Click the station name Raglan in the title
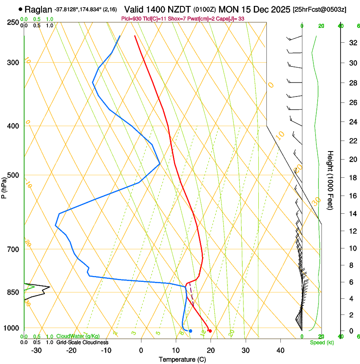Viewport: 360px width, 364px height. (x=38, y=9)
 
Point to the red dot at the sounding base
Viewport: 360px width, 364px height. (x=210, y=331)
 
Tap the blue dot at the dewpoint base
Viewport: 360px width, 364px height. (x=191, y=331)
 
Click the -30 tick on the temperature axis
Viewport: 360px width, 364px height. (x=36, y=350)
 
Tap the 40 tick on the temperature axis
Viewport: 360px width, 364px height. (x=280, y=350)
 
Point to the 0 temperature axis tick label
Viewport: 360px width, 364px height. (x=141, y=350)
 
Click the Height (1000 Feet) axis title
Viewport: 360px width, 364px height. (x=331, y=180)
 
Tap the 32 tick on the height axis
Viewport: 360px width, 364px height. (x=352, y=43)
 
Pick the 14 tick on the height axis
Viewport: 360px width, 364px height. (x=352, y=214)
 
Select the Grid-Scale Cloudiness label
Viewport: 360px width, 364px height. (x=82, y=342)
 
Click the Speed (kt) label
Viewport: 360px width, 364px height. (x=321, y=342)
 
